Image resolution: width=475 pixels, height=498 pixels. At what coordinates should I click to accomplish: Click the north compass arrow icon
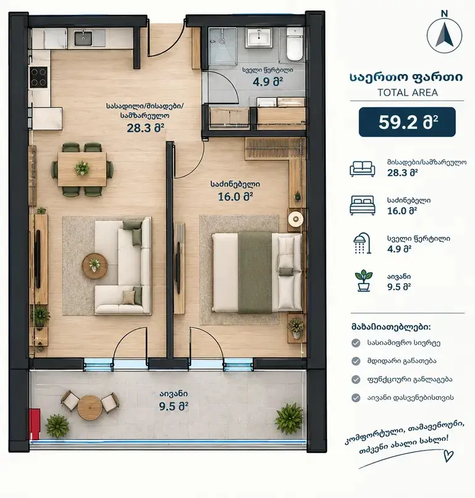coord(444,36)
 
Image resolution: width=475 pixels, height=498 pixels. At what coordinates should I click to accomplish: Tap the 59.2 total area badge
coord(407,122)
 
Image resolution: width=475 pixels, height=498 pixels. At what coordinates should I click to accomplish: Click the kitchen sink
coord(83,38)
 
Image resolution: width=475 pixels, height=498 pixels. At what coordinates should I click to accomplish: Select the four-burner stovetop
coord(38,77)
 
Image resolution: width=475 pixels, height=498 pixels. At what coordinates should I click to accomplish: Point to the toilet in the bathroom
coord(294,44)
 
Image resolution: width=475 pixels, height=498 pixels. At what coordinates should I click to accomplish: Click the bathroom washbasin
coord(260,38)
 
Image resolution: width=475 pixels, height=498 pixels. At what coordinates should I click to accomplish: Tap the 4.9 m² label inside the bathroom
coord(268,81)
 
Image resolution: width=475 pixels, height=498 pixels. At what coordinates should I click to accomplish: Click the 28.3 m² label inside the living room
coord(146,128)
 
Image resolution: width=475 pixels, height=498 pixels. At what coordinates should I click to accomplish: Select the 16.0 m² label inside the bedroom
coord(235,197)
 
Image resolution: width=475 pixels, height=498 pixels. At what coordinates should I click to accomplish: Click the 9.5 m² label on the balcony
coord(173,406)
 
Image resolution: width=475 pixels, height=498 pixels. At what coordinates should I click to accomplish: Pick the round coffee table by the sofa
coord(94,266)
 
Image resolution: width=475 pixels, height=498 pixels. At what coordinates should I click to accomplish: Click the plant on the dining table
coord(82,168)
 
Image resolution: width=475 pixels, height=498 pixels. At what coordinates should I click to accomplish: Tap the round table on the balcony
coord(89,408)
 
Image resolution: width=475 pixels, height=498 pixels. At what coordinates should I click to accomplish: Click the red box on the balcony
coord(35,424)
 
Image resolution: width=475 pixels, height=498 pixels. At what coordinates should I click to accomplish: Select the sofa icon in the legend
coord(362,169)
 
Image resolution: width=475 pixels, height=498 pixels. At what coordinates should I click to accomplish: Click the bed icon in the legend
coord(362,205)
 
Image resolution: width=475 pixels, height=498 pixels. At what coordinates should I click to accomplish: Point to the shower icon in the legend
coord(363,243)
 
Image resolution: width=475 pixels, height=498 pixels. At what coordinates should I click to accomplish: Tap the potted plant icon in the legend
coord(363,281)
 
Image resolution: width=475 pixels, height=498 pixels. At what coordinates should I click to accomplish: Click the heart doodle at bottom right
coord(448,455)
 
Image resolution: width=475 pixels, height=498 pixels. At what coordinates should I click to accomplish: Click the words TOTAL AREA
coord(408,92)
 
